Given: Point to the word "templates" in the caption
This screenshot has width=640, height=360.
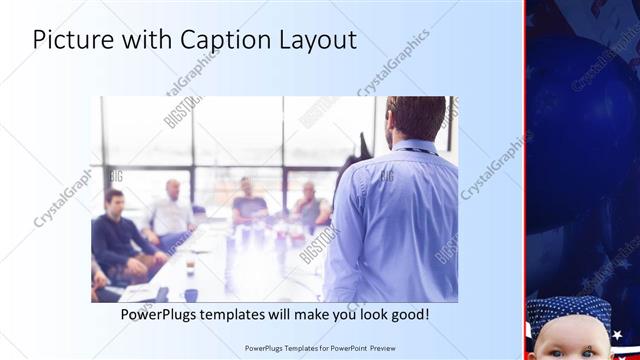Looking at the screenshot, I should coord(247,314).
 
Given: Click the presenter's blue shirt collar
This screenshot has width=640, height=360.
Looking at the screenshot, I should coord(413,147).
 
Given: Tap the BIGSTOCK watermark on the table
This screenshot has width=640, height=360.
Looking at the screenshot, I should coord(320,244).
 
